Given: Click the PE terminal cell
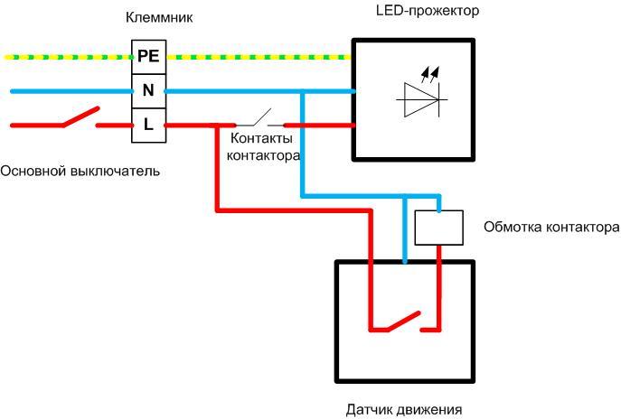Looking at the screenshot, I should pyautogui.click(x=148, y=56).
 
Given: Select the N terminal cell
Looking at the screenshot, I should pyautogui.click(x=148, y=90).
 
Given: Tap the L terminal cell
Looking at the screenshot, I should pyautogui.click(x=148, y=125).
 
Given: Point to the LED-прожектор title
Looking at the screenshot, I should pyautogui.click(x=427, y=11).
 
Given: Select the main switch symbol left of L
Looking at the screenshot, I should pyautogui.click(x=79, y=118).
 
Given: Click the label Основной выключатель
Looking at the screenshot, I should pyautogui.click(x=80, y=171).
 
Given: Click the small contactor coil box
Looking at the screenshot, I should pyautogui.click(x=438, y=228).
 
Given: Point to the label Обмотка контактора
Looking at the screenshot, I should pyautogui.click(x=551, y=227).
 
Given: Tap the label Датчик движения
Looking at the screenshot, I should pyautogui.click(x=404, y=409).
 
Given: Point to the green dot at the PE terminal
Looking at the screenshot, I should pyautogui.click(x=133, y=57).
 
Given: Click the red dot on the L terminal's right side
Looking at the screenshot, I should pyautogui.click(x=165, y=125).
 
